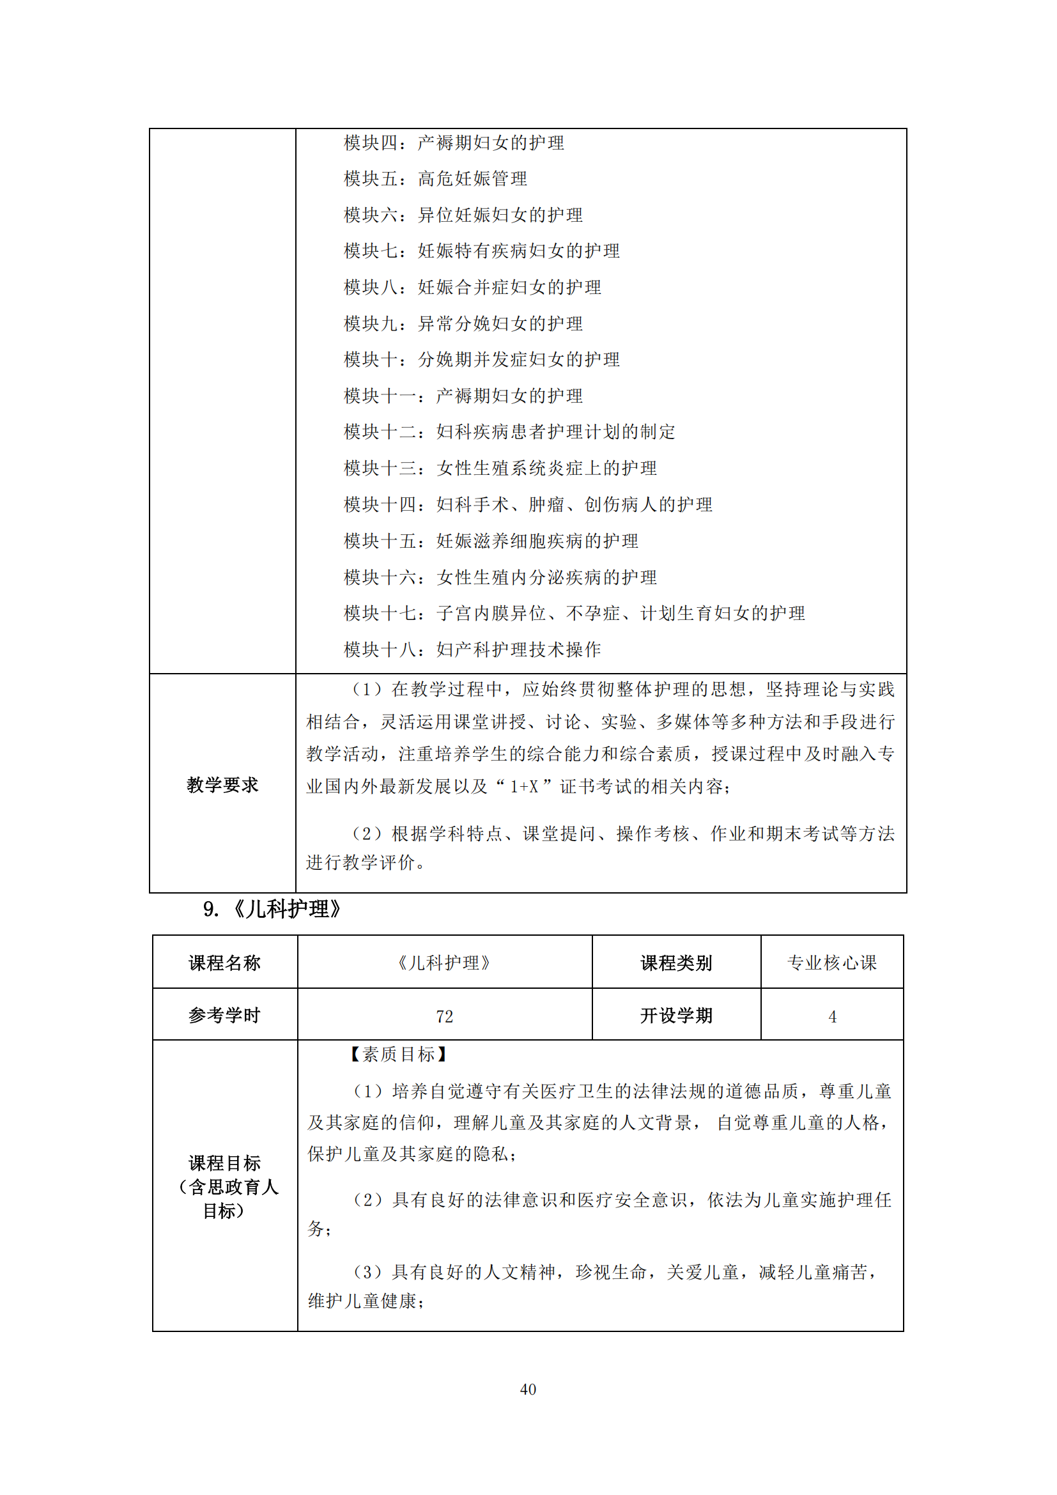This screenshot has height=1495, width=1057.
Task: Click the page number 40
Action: [x=528, y=1389]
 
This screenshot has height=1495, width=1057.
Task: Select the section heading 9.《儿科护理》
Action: [x=272, y=909]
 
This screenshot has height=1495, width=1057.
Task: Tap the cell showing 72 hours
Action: [x=445, y=1016]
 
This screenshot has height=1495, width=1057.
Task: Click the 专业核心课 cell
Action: [x=832, y=963]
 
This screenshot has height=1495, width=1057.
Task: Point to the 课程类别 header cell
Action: [x=675, y=963]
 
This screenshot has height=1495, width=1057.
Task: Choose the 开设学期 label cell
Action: [x=675, y=1016]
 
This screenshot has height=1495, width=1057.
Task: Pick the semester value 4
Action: [x=832, y=1016]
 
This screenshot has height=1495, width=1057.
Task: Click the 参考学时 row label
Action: [x=224, y=1016]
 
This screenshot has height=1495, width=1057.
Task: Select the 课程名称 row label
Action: [x=224, y=963]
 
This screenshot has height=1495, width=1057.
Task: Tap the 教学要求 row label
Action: [x=222, y=785]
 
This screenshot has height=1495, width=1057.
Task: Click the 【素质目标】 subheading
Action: [x=397, y=1054]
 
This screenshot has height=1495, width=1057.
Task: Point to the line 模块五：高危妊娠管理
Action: [x=435, y=179]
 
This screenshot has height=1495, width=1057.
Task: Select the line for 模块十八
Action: [x=472, y=649]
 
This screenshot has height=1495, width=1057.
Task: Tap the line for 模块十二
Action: [x=509, y=431]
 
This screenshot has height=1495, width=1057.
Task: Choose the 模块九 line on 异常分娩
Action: [x=463, y=323]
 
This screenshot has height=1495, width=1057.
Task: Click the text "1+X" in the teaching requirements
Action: [x=524, y=787]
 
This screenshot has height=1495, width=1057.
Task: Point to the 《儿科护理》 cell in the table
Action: [x=445, y=963]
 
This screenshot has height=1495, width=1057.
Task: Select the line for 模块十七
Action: [x=574, y=614]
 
